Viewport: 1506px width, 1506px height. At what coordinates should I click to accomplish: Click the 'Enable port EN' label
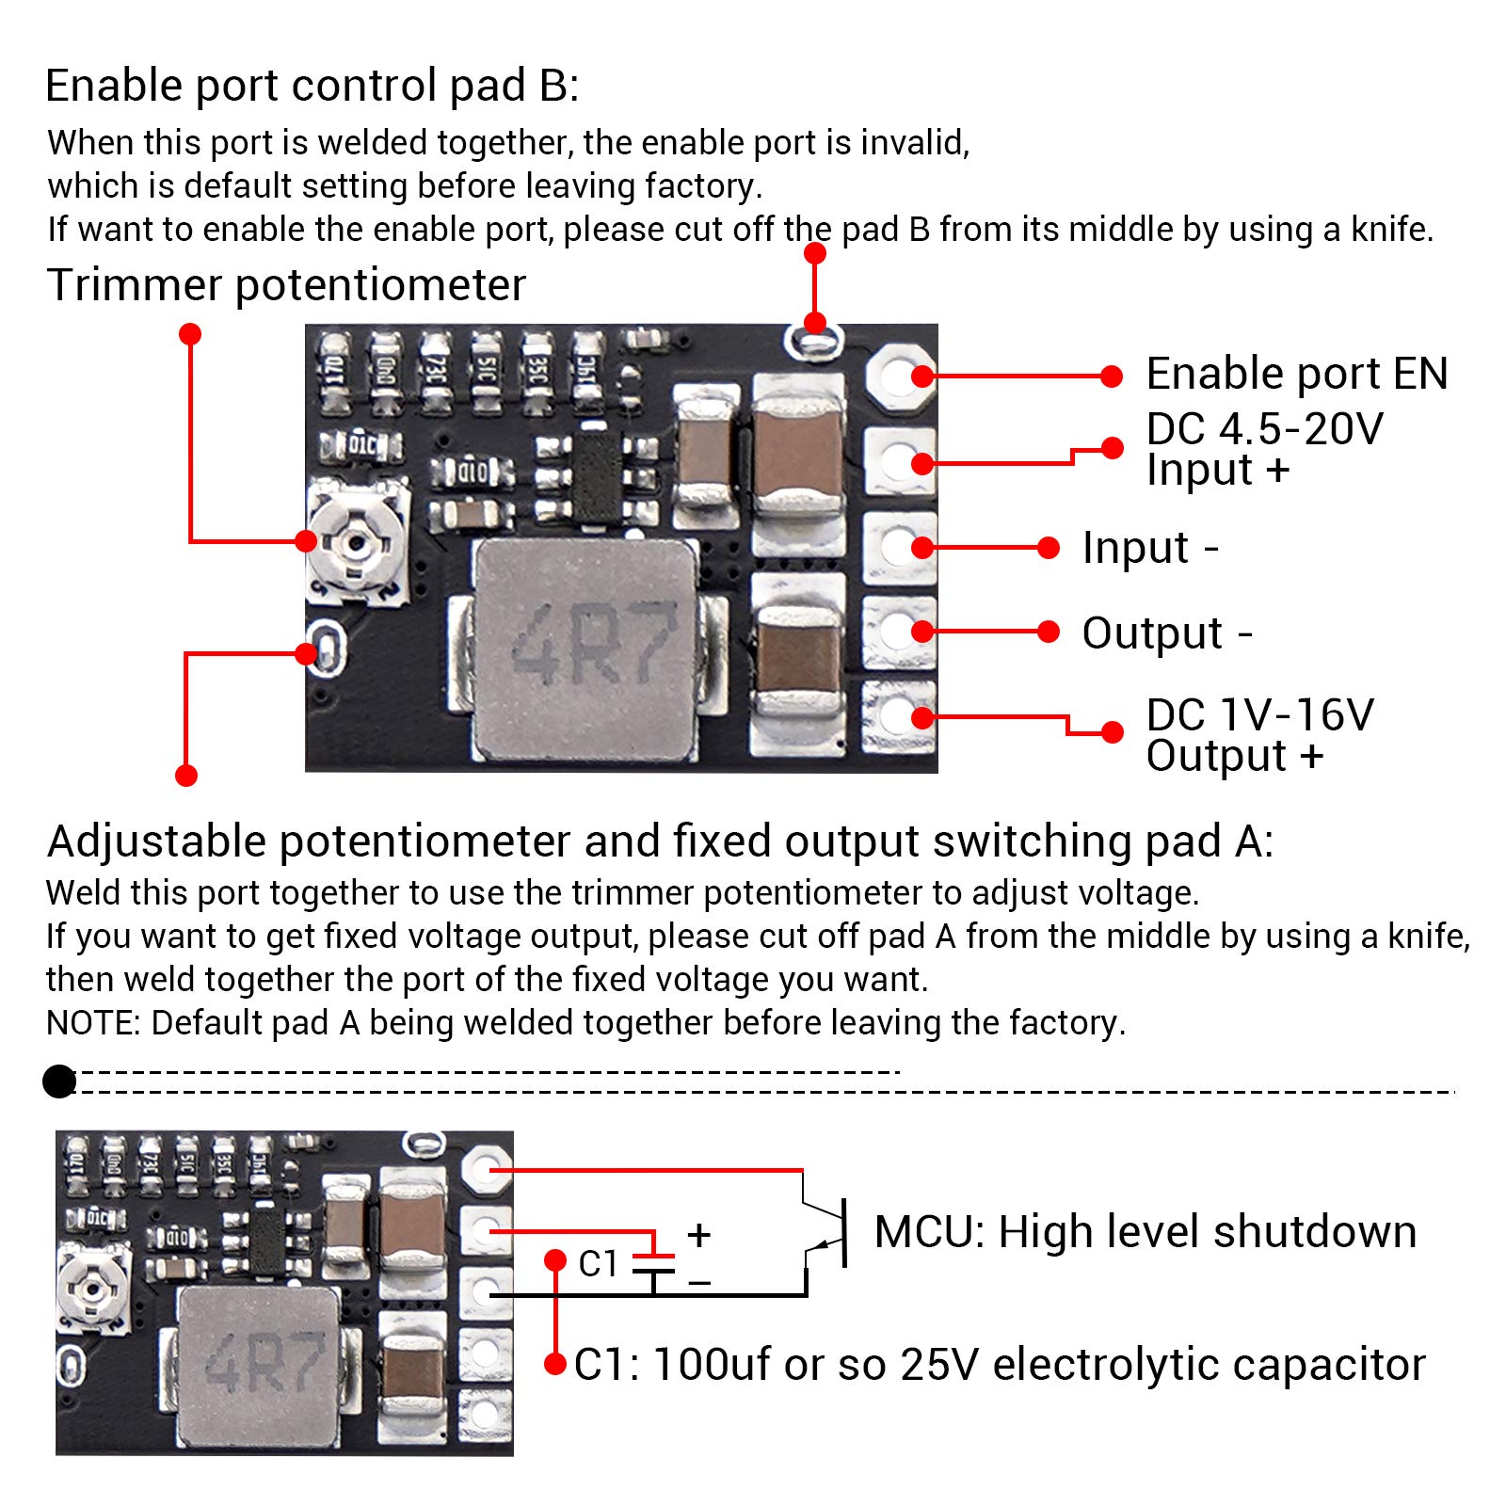click(x=1296, y=375)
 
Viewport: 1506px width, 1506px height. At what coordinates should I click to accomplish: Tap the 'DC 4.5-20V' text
click(x=1263, y=429)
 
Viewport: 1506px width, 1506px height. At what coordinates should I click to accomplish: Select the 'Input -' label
click(x=1149, y=548)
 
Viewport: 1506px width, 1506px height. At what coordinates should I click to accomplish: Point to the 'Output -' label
click(x=1166, y=633)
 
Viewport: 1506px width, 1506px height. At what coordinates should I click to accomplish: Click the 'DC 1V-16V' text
click(x=1259, y=715)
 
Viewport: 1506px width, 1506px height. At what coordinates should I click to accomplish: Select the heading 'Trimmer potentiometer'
click(x=285, y=285)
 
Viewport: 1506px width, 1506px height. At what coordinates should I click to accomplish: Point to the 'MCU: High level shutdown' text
click(x=1145, y=1232)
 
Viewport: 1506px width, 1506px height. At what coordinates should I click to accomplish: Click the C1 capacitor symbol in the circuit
click(x=653, y=1264)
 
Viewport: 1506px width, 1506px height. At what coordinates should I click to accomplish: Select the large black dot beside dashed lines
click(x=59, y=1081)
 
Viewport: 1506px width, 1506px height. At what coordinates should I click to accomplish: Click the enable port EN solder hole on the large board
click(x=899, y=376)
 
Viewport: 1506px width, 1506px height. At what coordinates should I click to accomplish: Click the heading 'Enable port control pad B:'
click(x=312, y=86)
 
